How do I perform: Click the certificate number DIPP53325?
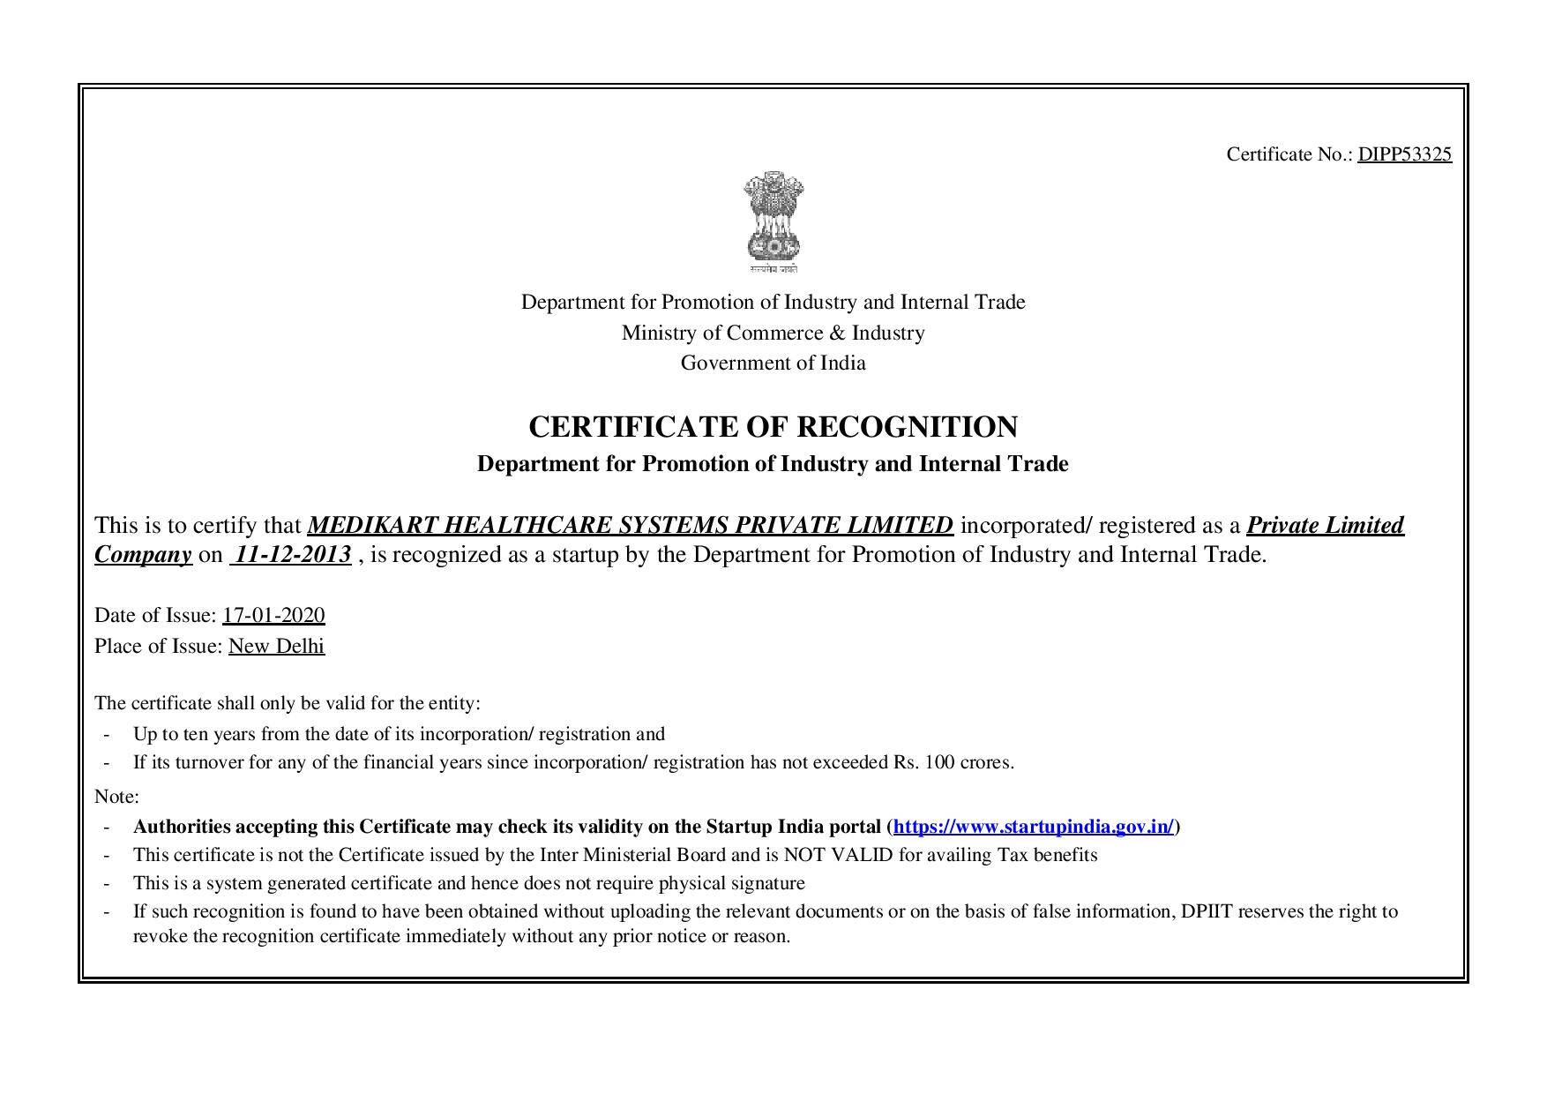coord(1404,154)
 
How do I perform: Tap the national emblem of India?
coord(773,220)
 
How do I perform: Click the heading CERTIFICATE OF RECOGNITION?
coord(773,427)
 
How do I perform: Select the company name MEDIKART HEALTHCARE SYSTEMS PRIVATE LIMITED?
coord(630,526)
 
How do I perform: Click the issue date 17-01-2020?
coord(273,615)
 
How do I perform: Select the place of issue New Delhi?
coord(276,646)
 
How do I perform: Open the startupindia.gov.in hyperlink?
coord(1033,827)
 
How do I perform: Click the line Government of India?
coord(773,363)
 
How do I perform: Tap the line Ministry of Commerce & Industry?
coord(773,333)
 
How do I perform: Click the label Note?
coord(116,797)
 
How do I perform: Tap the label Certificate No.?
coord(1289,154)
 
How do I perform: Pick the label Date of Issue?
coord(155,615)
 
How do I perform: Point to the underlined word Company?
coord(143,555)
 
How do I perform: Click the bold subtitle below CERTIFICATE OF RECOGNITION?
coord(773,464)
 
